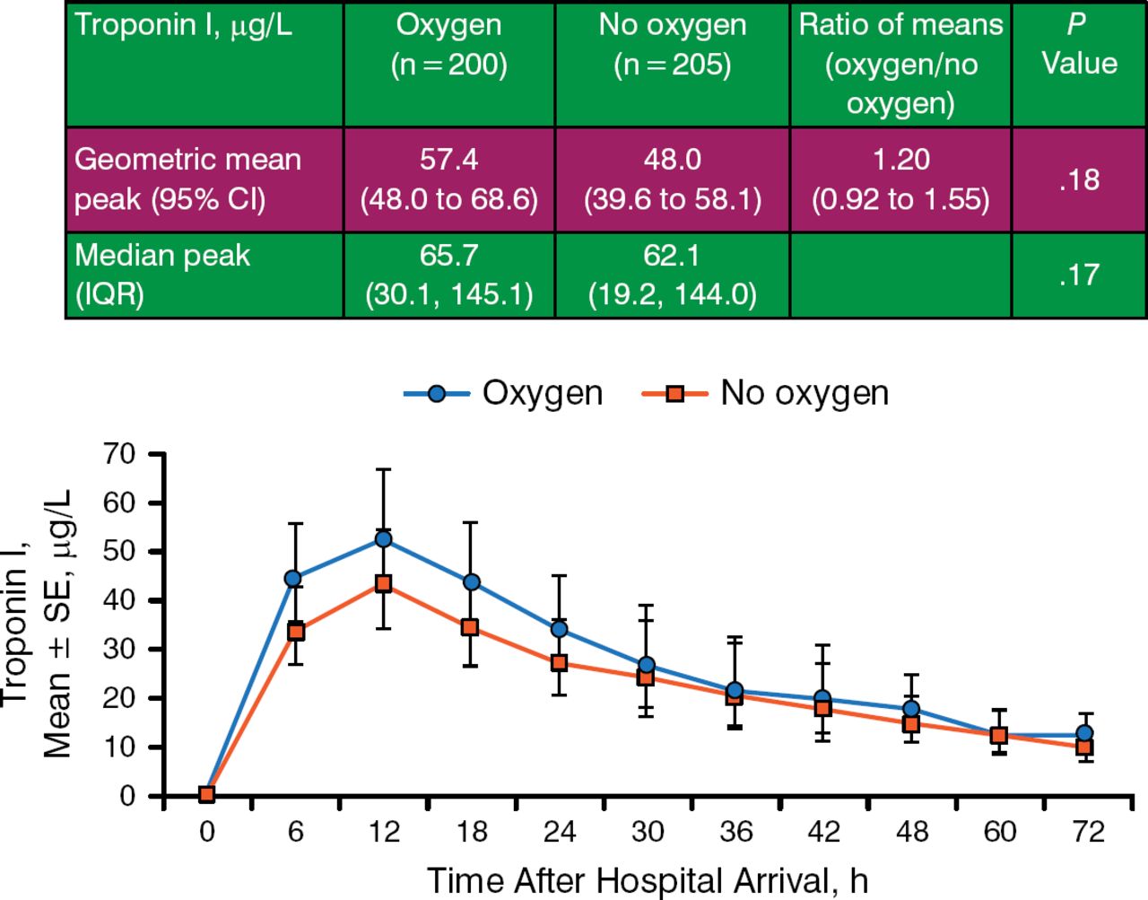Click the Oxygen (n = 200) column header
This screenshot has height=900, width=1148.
click(x=448, y=45)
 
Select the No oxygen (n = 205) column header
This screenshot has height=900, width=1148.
click(x=672, y=45)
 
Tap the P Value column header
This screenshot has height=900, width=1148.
click(x=1079, y=45)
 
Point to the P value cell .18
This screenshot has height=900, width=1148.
click(x=1079, y=179)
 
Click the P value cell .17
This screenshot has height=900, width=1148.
click(x=1079, y=275)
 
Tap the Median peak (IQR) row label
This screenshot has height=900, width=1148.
click(x=161, y=275)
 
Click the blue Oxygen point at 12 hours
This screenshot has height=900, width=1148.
click(x=383, y=539)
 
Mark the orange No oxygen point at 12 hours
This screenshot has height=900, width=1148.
click(x=383, y=584)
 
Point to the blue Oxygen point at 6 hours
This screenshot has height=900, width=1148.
click(x=293, y=579)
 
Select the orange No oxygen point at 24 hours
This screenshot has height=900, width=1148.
click(x=559, y=663)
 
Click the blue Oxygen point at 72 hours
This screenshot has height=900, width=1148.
click(x=1084, y=734)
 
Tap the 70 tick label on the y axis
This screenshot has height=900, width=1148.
click(x=118, y=454)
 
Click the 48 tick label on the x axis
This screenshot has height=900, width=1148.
click(x=912, y=833)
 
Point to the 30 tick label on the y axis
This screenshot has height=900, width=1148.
click(x=118, y=650)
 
